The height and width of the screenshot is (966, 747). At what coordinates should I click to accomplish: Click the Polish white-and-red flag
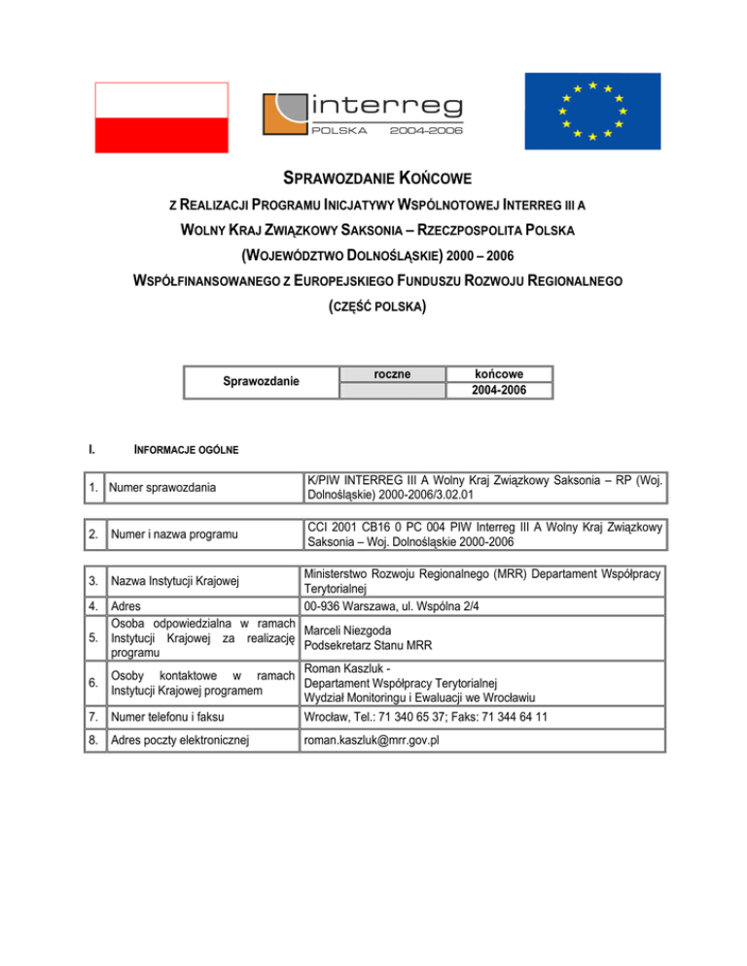161,115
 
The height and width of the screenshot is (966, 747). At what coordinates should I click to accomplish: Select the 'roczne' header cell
390,374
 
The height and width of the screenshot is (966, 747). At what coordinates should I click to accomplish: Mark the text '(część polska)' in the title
373,308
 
